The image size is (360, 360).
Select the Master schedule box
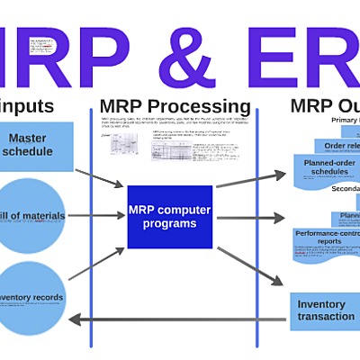tap(33, 145)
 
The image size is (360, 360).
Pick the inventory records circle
tap(31, 297)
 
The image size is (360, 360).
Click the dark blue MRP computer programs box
tap(169, 217)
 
